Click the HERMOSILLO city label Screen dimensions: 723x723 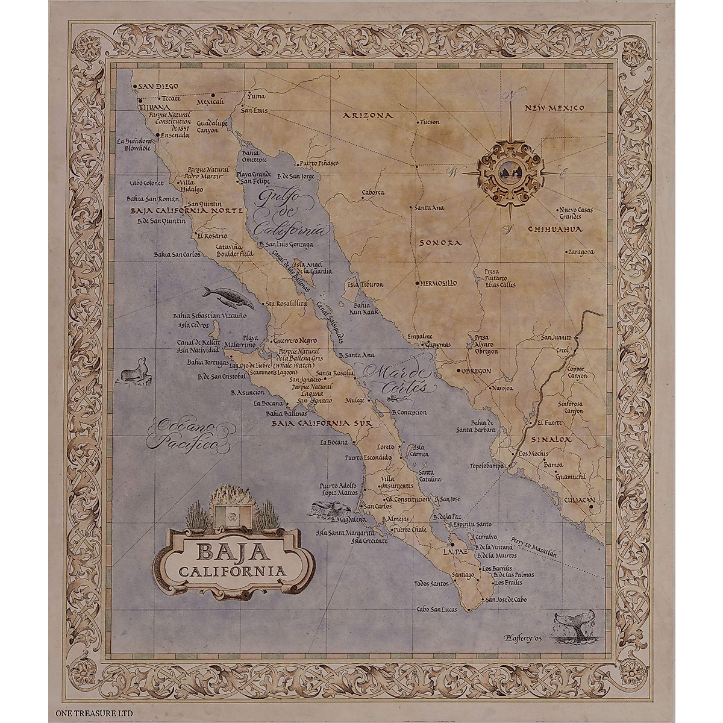(438, 283)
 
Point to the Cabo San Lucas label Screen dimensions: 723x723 (437, 609)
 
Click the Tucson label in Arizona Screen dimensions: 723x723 (430, 122)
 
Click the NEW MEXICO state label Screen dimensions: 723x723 (554, 108)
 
